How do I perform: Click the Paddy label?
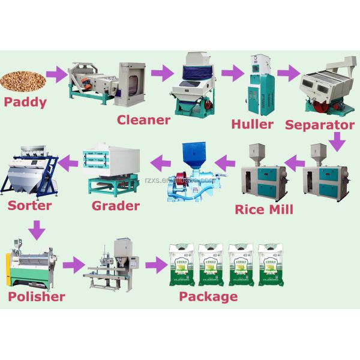[x=25, y=101]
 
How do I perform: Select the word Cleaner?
[x=143, y=119]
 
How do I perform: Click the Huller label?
[x=252, y=125]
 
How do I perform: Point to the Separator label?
[x=320, y=125]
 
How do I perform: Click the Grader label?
[x=116, y=206]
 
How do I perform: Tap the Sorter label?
[x=30, y=206]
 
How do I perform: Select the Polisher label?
[x=36, y=296]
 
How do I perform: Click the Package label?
[x=208, y=296]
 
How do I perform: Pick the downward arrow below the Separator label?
[x=338, y=142]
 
